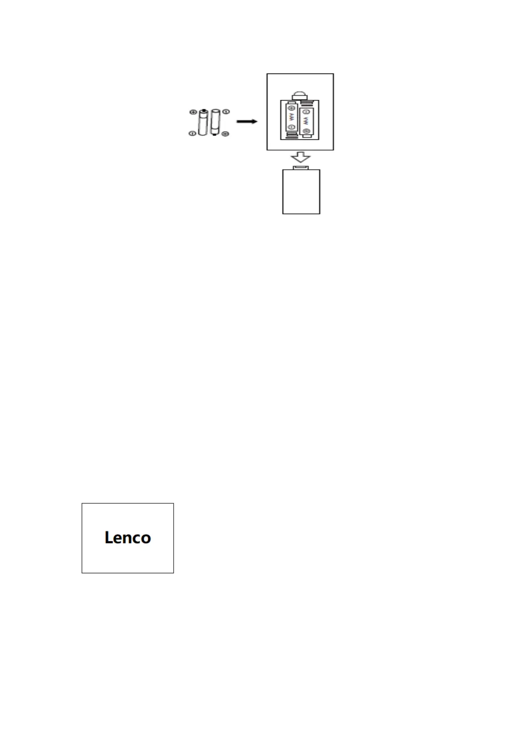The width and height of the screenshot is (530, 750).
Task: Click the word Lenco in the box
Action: point(128,538)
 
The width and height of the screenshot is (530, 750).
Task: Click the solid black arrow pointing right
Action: point(247,122)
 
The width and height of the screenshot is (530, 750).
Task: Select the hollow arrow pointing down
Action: point(300,157)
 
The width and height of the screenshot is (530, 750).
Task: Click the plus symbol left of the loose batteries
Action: point(193,112)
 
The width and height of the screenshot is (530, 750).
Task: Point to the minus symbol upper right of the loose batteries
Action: point(226,111)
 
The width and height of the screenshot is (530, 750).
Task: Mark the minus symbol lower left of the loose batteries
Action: point(192,133)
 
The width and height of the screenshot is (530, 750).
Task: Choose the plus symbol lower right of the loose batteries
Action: point(225,133)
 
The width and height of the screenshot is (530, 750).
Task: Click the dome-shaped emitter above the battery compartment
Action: point(300,96)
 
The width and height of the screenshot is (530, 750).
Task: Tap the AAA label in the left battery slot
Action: point(291,118)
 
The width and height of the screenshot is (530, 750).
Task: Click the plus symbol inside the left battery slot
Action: point(291,108)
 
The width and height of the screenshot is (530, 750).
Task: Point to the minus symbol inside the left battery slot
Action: point(291,127)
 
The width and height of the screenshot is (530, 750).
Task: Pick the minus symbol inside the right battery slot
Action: point(306,111)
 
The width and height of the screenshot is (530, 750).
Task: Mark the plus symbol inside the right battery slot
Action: point(306,131)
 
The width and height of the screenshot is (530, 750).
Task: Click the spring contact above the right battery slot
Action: point(306,103)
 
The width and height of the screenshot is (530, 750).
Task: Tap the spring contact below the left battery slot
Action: point(291,135)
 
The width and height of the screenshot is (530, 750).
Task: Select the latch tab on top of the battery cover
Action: point(301,167)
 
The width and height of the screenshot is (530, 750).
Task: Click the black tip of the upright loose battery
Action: point(203,110)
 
